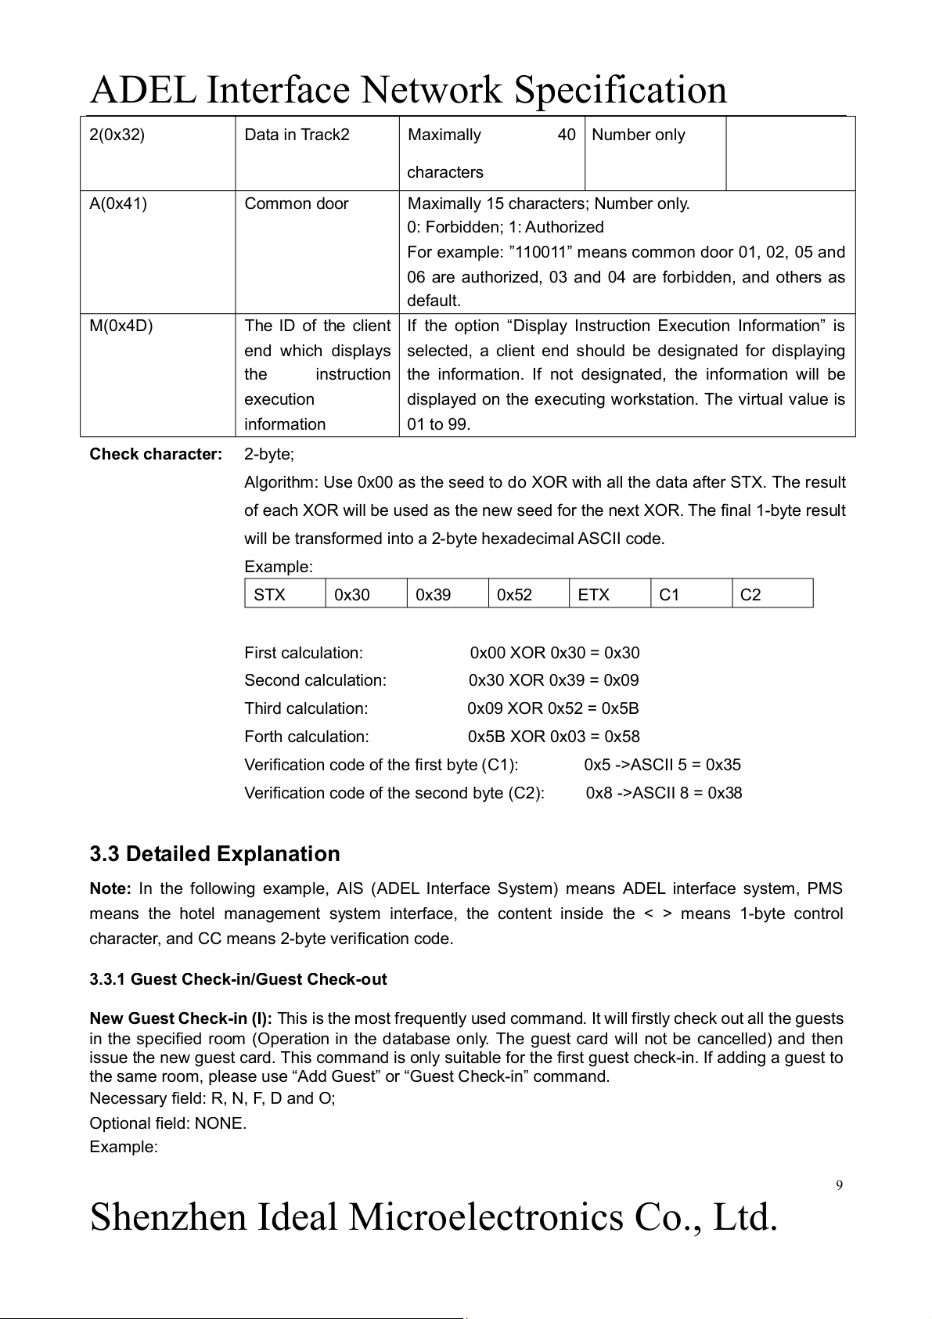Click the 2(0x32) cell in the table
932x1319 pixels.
[x=117, y=135]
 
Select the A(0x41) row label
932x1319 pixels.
[x=118, y=204]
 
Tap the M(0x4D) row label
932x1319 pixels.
[x=121, y=326]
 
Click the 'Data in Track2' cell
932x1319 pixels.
[x=297, y=135]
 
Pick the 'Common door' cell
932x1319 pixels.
[x=297, y=204]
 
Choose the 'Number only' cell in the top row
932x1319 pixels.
[x=638, y=135]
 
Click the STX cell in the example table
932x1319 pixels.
[x=270, y=595]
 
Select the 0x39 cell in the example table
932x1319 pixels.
[x=433, y=595]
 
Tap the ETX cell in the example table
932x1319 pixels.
[x=593, y=595]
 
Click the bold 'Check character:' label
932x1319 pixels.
[x=156, y=454]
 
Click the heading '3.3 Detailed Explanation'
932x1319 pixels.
[x=214, y=853]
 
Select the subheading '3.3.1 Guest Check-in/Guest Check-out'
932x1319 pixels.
[x=238, y=979]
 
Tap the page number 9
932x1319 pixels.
[x=839, y=1184]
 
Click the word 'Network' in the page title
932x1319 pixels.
[x=430, y=89]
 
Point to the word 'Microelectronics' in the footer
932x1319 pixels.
[x=485, y=1217]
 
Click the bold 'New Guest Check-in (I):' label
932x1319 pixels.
[x=181, y=1018]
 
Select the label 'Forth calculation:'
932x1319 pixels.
[x=306, y=737]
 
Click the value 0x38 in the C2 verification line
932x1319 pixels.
[x=725, y=793]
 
